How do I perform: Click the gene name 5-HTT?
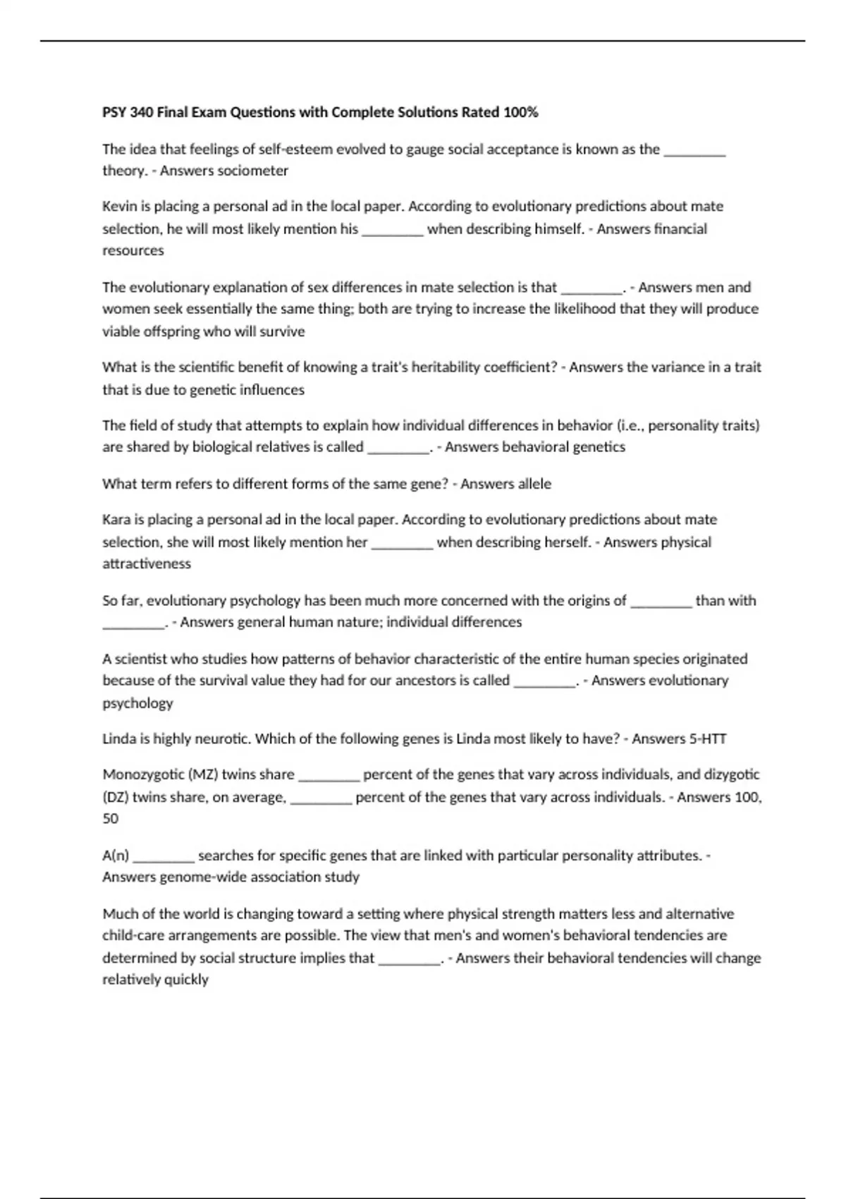707,739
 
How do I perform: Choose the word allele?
534,484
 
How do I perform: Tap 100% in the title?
520,113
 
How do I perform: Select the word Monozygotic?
142,774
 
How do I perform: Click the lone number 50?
111,819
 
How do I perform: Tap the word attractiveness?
147,564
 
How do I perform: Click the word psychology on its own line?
137,703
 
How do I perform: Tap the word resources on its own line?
133,251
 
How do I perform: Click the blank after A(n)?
164,856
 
